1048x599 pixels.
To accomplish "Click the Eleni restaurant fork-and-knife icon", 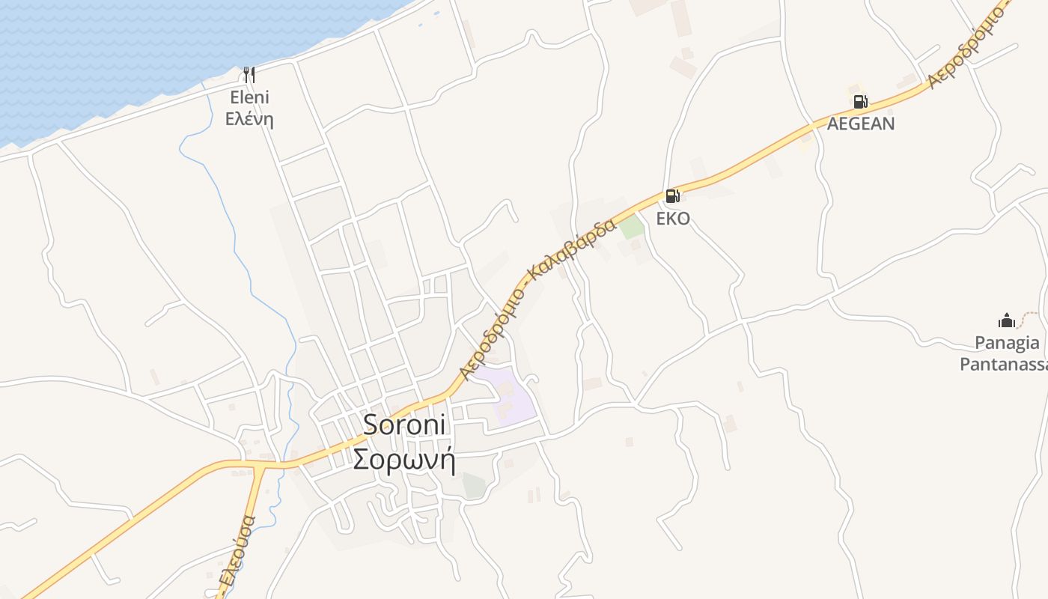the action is coord(249,74).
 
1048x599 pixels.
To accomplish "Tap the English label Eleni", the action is coord(249,97).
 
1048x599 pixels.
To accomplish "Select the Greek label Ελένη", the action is coord(249,119).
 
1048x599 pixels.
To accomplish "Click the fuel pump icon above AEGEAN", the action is coord(860,102).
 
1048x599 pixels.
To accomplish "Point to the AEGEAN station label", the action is coord(860,124).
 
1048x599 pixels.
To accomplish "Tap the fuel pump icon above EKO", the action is coord(672,196).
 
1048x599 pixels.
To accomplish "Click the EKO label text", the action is coord(672,219).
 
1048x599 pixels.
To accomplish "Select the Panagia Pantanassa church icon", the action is coord(1007,320).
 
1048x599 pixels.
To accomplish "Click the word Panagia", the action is coord(1007,343).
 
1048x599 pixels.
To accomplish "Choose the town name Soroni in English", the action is coord(404,425).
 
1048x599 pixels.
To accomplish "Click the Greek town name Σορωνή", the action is coord(404,459).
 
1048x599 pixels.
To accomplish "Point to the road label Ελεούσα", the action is coord(237,550).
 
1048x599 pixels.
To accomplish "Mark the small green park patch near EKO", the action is coord(632,227).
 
